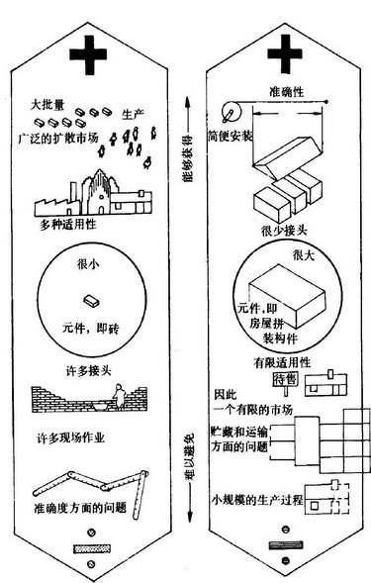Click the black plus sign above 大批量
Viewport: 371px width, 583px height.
[x=97, y=58]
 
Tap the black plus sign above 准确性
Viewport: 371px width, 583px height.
[x=285, y=55]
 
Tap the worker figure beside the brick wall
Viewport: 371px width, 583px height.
[x=116, y=399]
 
